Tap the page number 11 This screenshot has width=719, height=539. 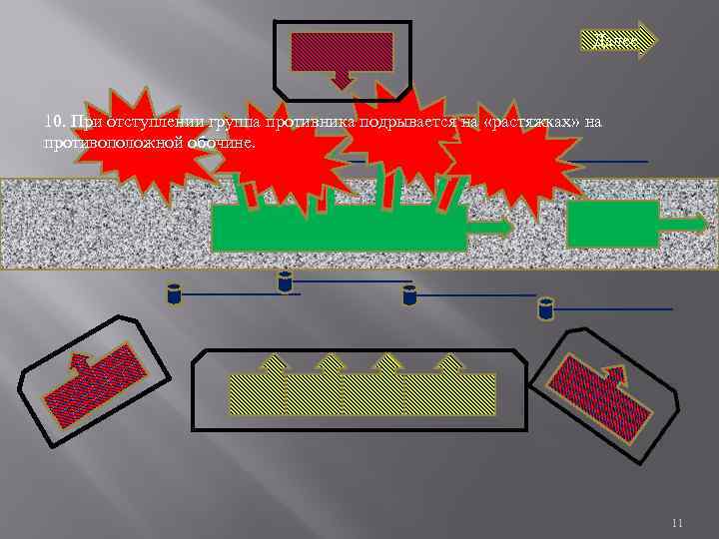678,522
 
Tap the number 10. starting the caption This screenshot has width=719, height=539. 54,122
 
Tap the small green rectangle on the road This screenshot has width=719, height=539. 612,224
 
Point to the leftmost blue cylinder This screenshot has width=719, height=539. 174,294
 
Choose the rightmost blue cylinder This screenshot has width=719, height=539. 545,309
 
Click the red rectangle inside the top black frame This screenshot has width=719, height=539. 342,50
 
